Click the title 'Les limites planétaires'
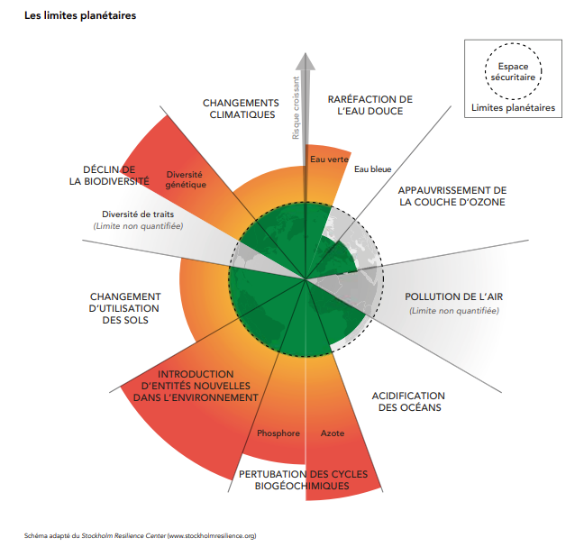[x=80, y=15]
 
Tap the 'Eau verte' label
[x=329, y=160]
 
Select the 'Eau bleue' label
[x=372, y=169]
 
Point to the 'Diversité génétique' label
[x=186, y=179]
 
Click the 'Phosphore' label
[x=278, y=433]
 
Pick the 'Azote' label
[x=333, y=433]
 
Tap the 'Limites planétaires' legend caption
[x=513, y=107]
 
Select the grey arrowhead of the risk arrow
[x=306, y=62]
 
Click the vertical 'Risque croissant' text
[x=296, y=108]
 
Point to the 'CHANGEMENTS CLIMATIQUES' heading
[x=241, y=109]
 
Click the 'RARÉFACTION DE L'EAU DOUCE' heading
[x=370, y=105]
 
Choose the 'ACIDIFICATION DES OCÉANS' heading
[x=408, y=401]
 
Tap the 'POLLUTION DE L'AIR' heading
[x=454, y=296]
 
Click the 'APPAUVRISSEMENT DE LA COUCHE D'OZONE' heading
[x=452, y=196]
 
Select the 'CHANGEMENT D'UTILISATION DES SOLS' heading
[x=125, y=308]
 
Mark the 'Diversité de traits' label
[x=138, y=214]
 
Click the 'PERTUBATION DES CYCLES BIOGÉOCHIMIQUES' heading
[x=303, y=480]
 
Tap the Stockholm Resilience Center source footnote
[x=140, y=536]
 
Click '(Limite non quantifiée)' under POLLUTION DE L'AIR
[x=454, y=311]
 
